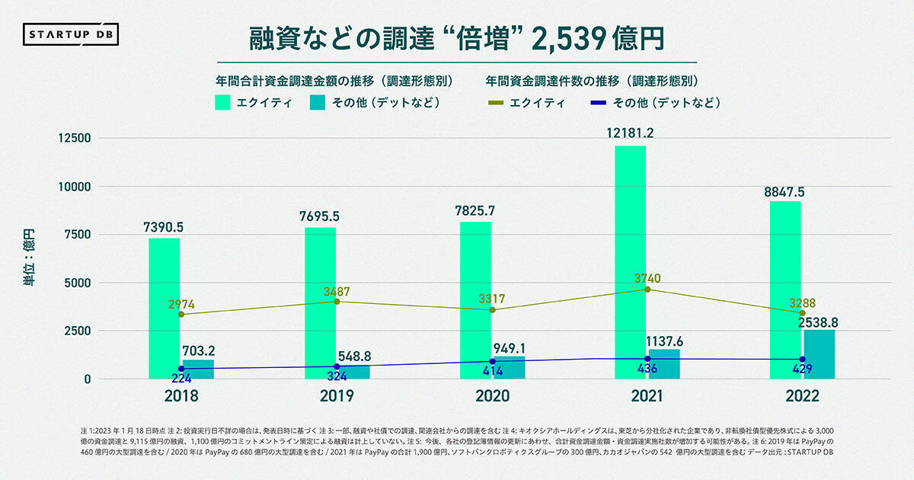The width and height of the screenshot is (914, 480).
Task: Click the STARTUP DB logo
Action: [72, 35]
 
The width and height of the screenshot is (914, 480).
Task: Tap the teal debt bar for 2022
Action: [819, 354]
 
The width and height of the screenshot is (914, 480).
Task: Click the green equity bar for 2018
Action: [164, 308]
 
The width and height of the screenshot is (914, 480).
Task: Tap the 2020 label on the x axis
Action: [491, 397]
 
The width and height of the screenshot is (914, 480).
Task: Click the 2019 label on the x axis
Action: [336, 397]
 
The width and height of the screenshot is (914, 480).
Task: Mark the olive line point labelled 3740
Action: [647, 290]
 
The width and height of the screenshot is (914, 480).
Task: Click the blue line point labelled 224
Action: [181, 369]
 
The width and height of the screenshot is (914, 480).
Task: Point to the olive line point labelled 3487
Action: [337, 302]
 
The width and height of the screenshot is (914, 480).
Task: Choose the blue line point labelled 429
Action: [802, 360]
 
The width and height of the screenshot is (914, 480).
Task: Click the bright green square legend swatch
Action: [225, 103]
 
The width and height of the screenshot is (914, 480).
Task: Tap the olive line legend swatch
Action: [496, 103]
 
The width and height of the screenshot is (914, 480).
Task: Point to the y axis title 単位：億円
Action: [29, 259]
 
